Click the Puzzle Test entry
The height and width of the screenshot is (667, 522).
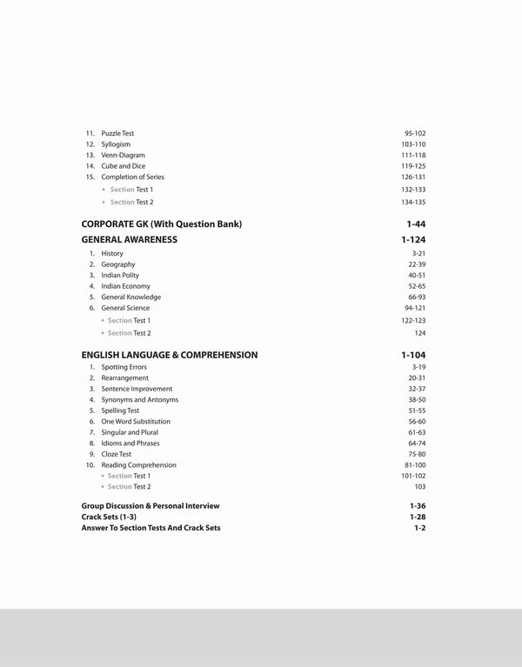click(x=117, y=133)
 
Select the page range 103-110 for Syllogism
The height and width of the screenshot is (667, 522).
click(x=413, y=144)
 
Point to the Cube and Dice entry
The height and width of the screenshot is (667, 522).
click(x=124, y=166)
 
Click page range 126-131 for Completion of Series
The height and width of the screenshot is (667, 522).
click(x=413, y=177)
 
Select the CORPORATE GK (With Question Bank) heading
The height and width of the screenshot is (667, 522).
click(x=161, y=223)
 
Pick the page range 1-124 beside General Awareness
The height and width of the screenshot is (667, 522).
click(x=414, y=238)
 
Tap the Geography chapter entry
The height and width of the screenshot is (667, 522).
click(x=118, y=264)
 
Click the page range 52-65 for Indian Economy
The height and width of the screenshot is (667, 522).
click(x=415, y=286)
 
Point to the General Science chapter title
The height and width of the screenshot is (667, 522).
click(x=125, y=308)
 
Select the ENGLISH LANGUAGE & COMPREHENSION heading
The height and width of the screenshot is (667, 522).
click(x=169, y=355)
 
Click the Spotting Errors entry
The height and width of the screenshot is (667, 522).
click(x=124, y=367)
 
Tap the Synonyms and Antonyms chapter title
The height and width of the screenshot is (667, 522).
click(x=139, y=400)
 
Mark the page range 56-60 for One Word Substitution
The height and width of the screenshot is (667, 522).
click(x=415, y=422)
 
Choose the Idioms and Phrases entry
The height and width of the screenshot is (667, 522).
click(x=130, y=443)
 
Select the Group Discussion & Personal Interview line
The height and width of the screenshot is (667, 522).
click(x=151, y=505)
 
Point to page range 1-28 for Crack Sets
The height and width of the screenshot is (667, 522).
click(x=418, y=517)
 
